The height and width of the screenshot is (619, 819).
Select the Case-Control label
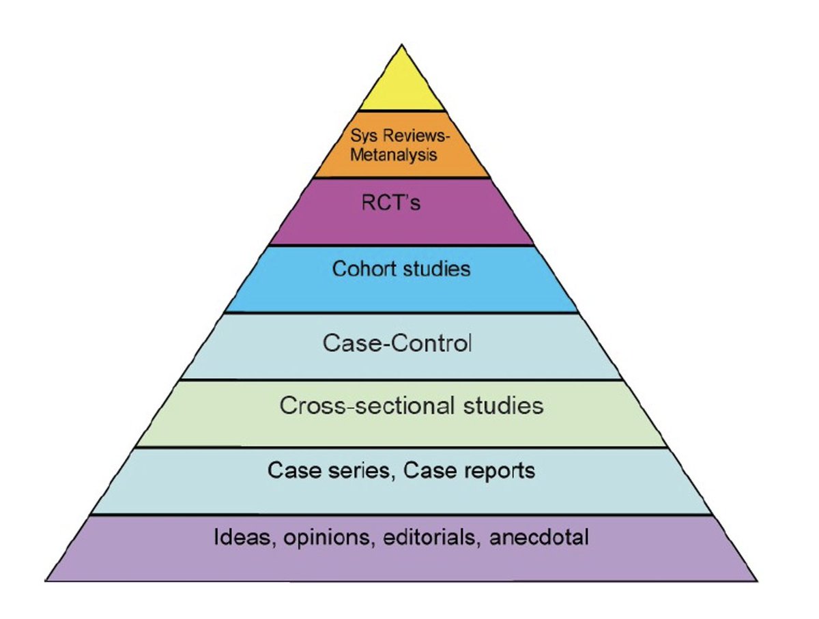coord(397,342)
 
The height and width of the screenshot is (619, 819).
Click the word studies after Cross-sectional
coord(502,405)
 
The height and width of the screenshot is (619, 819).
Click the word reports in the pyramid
coord(496,471)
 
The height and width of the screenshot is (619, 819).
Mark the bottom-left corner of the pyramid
coord(46,580)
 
